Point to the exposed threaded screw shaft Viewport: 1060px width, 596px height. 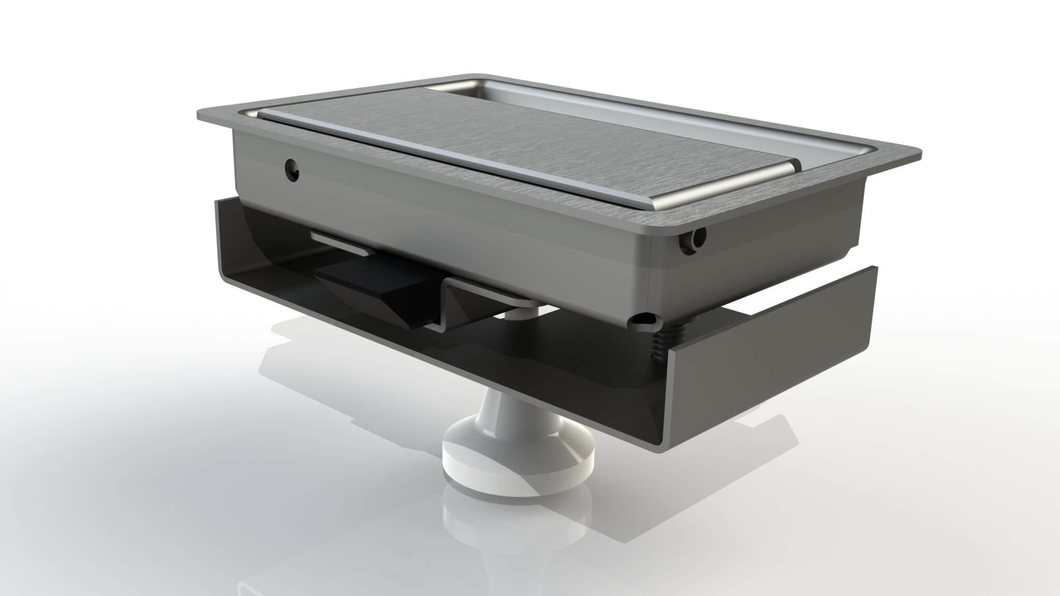tap(658, 341)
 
